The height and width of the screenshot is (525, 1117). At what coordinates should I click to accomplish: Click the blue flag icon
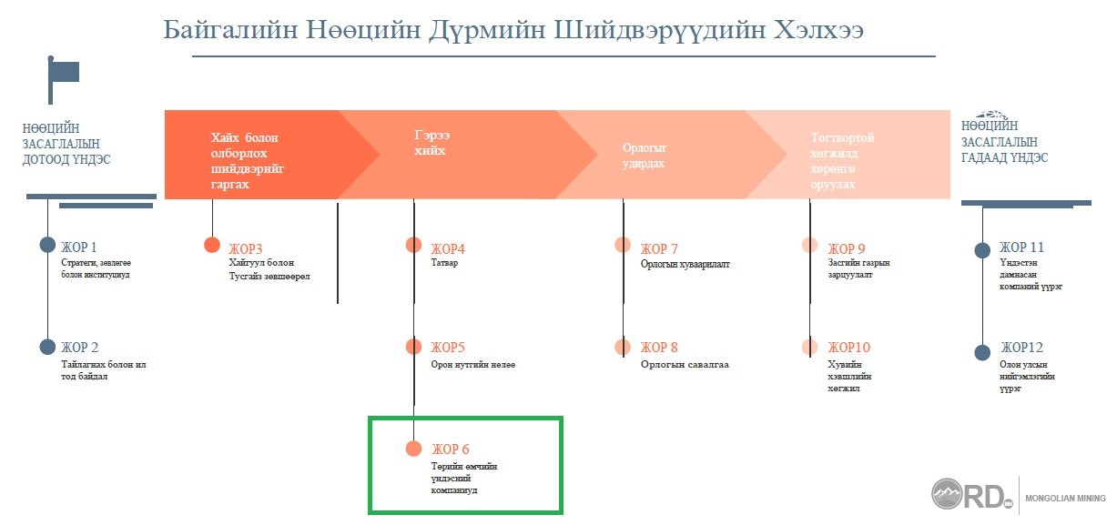click(63, 80)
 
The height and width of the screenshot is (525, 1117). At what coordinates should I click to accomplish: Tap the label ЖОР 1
click(79, 247)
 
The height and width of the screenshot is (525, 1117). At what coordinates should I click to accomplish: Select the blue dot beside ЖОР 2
click(47, 347)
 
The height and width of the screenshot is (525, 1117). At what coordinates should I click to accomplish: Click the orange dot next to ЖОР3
click(212, 245)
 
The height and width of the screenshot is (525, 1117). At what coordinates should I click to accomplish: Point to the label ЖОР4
click(448, 248)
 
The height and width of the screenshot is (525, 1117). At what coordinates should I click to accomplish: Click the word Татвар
click(444, 262)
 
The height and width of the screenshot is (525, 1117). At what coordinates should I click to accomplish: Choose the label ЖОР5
click(448, 347)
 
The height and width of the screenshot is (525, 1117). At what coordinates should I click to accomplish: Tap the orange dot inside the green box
click(413, 449)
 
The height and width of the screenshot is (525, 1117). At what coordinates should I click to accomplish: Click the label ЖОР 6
click(451, 449)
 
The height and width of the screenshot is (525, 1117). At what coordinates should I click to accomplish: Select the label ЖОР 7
click(659, 248)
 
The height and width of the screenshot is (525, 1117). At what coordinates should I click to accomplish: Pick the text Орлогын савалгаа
click(685, 365)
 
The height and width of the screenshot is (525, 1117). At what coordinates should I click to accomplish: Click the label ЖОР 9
click(847, 248)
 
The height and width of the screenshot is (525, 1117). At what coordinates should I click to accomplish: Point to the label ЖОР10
click(848, 347)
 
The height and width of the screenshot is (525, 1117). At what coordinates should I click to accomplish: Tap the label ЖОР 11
click(1021, 247)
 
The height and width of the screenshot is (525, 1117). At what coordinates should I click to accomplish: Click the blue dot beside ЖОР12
click(982, 352)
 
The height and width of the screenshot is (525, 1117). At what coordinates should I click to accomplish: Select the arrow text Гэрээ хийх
click(432, 143)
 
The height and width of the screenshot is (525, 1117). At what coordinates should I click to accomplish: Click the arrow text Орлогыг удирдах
click(645, 156)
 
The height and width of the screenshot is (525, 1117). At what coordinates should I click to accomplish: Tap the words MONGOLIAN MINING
click(1065, 498)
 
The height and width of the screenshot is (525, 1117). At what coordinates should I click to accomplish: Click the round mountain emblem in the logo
click(947, 493)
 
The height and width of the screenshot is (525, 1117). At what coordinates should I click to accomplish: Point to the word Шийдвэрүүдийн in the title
click(658, 30)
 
